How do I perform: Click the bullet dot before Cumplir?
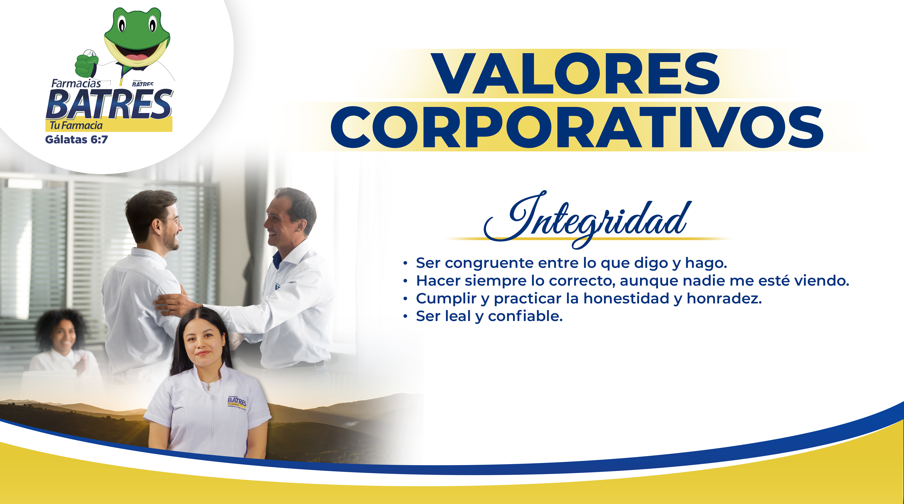(x=405, y=299)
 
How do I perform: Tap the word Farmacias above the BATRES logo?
(x=76, y=83)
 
